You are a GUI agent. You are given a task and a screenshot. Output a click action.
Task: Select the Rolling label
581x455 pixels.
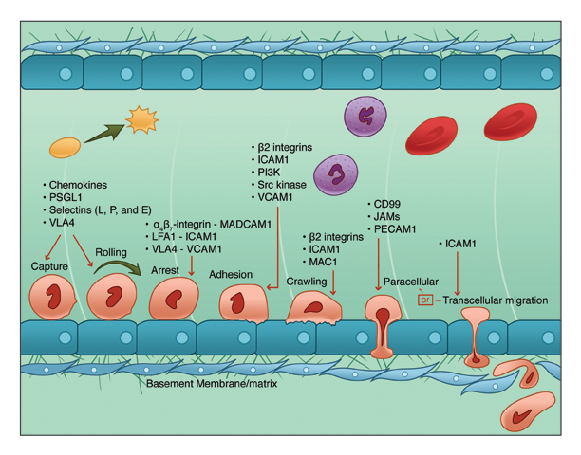[x=114, y=253]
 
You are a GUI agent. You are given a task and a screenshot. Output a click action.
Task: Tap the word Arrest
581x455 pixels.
[x=165, y=270]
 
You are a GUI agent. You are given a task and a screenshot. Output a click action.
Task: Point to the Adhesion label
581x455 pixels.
[x=230, y=275]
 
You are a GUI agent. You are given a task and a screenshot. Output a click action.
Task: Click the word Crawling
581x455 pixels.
[x=306, y=282]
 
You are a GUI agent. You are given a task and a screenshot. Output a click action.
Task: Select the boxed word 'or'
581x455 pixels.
[x=425, y=300]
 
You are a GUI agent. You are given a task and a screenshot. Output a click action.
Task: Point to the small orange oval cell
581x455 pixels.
[x=66, y=147]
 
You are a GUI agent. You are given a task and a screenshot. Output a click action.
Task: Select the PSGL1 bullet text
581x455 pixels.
[x=68, y=197]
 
